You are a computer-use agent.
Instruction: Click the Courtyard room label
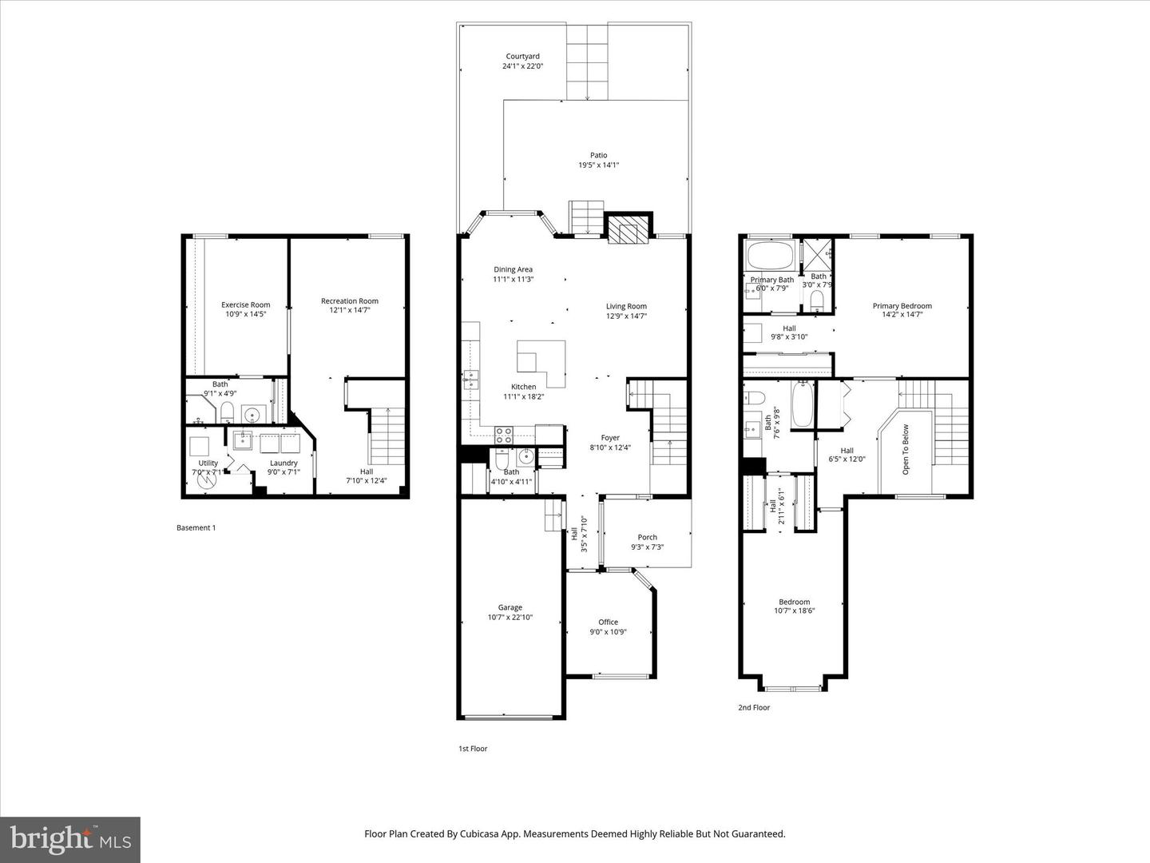point(522,57)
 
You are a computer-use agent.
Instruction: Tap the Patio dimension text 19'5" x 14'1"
point(598,165)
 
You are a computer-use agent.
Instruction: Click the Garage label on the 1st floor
point(510,607)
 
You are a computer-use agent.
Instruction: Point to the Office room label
point(608,622)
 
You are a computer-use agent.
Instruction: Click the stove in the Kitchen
point(504,435)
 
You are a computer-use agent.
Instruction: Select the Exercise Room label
point(245,304)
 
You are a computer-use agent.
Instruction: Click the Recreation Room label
point(349,301)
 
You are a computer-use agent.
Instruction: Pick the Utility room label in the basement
point(208,463)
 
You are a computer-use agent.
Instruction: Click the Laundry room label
point(284,463)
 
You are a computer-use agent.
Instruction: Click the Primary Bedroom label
point(902,306)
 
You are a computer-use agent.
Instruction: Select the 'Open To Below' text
point(906,450)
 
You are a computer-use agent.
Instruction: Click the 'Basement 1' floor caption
point(196,527)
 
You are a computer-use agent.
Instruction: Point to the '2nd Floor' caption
point(754,707)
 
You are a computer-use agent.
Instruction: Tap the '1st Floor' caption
point(472,749)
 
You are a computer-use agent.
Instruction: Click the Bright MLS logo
point(69,839)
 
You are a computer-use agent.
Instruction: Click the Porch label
point(647,537)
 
